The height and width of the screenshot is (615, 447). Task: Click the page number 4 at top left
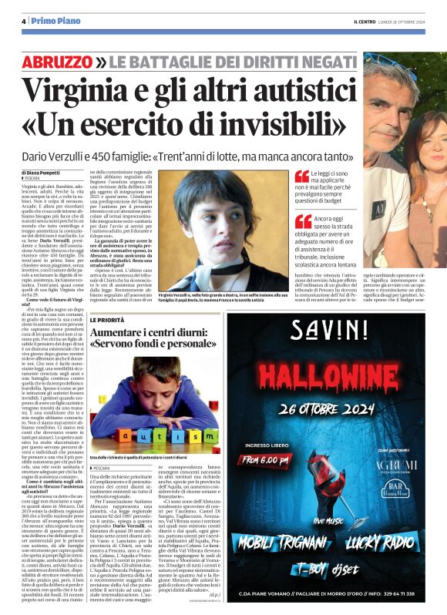click(23, 22)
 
